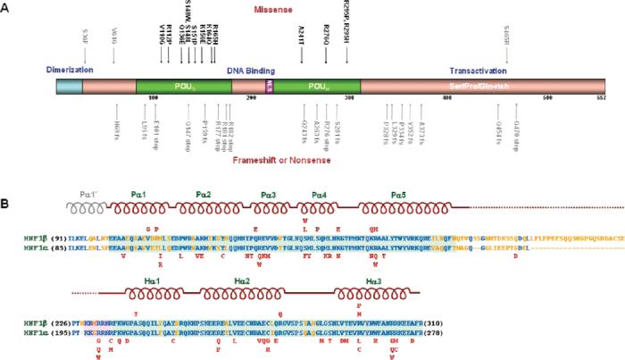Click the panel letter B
(7, 180)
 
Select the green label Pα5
(392, 192)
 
